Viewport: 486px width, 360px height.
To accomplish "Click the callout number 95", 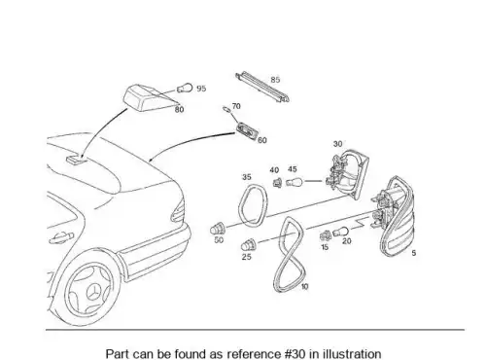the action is [x=201, y=89].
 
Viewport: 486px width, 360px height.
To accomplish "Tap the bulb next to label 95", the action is [x=185, y=89].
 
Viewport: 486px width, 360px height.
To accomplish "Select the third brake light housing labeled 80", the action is [x=146, y=97].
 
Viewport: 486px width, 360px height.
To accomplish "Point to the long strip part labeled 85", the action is [x=262, y=87].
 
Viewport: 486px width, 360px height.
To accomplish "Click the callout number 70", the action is [x=236, y=106].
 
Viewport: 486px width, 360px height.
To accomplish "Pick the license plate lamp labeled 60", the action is [x=247, y=130].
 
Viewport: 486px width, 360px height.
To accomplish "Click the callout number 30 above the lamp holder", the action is [x=337, y=144].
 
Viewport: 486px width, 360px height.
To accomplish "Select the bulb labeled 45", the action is [x=295, y=182].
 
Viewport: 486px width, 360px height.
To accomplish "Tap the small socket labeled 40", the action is [x=277, y=183].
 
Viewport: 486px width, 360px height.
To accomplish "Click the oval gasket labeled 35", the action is [x=241, y=204].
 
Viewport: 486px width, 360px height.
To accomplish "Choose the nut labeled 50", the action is [x=217, y=229].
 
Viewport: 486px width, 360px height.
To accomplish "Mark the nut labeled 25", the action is [x=249, y=245].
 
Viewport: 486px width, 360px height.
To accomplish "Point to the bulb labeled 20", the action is [x=340, y=232].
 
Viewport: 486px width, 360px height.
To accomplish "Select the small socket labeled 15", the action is [x=326, y=235].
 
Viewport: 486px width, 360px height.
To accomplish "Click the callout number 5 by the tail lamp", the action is [x=414, y=253].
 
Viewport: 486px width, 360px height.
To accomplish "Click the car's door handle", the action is [x=61, y=237].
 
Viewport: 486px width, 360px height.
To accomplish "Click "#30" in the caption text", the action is [x=295, y=353].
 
